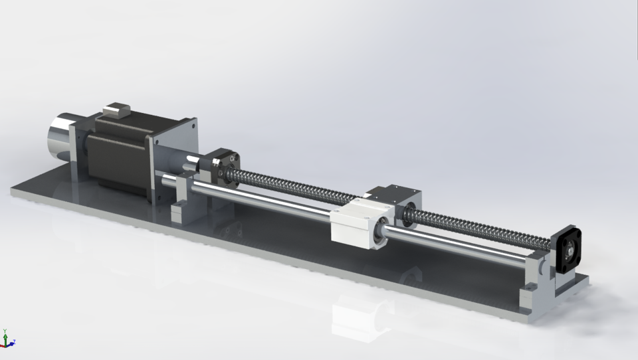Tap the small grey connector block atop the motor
(x=117, y=110)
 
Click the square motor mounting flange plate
(x=174, y=159)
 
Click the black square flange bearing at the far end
(x=569, y=248)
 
